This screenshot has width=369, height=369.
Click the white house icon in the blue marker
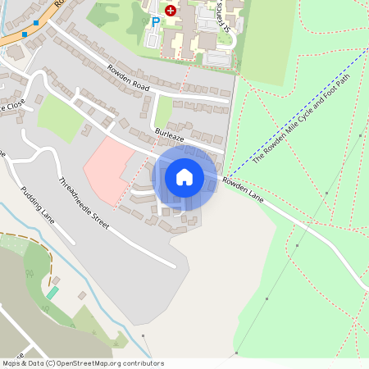pos(184,177)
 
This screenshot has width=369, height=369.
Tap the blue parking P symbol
pos(154,23)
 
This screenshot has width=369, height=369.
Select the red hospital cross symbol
pos(171,10)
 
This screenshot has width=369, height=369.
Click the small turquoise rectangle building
pos(52,293)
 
